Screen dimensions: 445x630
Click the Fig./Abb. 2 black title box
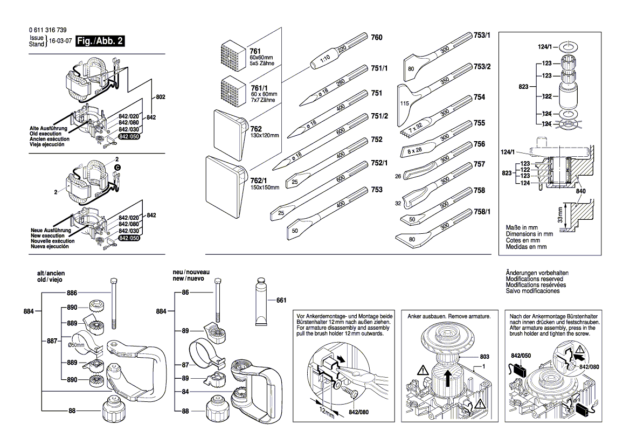(x=98, y=41)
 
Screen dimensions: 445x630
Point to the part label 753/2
(x=482, y=66)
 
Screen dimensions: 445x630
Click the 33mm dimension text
(x=559, y=215)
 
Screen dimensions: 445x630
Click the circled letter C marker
(x=117, y=168)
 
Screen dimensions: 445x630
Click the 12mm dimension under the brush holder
(x=326, y=413)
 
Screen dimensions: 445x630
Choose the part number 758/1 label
(x=482, y=212)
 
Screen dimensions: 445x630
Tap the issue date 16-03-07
(x=60, y=41)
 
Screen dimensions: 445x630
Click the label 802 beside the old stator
(x=160, y=97)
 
